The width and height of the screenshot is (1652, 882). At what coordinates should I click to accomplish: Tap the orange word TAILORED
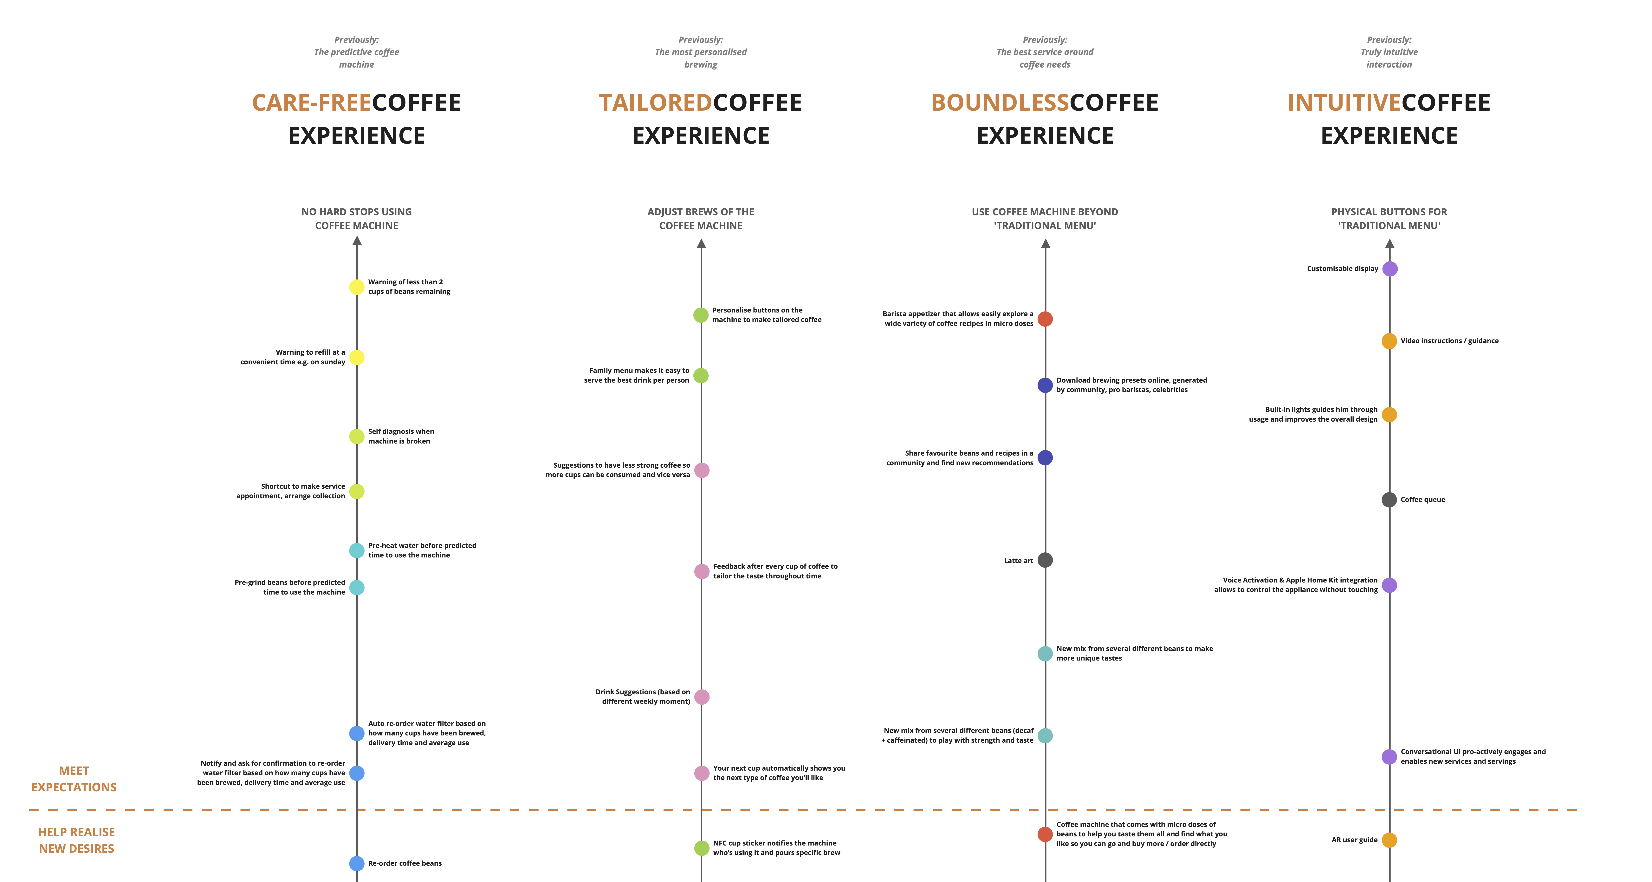[655, 103]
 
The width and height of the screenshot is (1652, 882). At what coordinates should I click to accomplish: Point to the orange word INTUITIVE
[1344, 103]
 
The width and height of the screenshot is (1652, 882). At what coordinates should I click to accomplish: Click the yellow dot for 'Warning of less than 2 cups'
[357, 287]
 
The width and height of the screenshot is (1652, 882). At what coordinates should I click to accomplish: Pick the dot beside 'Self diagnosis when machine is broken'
[357, 436]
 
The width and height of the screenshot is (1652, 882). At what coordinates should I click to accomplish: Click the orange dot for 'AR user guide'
[1389, 840]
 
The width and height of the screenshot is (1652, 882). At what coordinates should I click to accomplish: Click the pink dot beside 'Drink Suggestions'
[702, 697]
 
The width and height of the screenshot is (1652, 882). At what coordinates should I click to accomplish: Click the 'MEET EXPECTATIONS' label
[74, 779]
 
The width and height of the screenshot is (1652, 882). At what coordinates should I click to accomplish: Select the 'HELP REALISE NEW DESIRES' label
[76, 840]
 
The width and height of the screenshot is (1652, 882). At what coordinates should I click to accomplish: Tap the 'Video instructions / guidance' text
[1449, 341]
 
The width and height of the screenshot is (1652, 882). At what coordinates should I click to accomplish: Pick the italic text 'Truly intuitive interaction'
[1389, 58]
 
